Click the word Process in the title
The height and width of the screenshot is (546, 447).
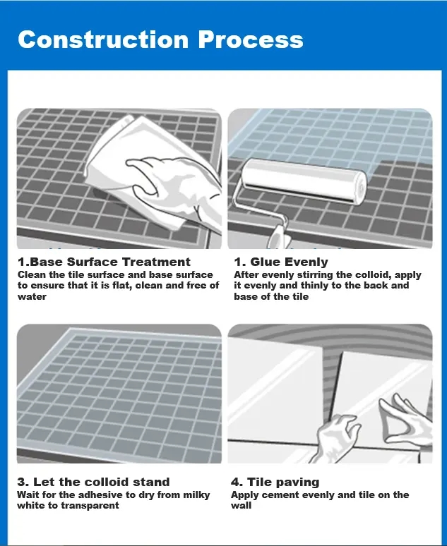(251, 40)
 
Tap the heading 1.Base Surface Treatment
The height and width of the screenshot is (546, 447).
(104, 262)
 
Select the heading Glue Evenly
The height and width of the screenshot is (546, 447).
(289, 262)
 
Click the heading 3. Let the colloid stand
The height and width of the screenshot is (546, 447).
(93, 482)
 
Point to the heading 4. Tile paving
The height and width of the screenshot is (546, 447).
(275, 482)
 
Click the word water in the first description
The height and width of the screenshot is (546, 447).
(32, 296)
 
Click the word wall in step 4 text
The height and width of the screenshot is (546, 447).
(241, 506)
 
